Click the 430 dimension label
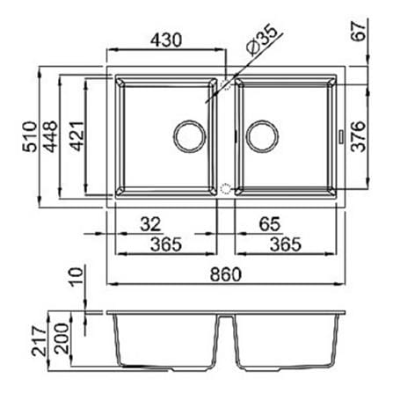pyautogui.click(x=166, y=40)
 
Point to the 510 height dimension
pyautogui.click(x=31, y=136)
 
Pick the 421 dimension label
pyautogui.click(x=77, y=136)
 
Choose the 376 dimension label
pyautogui.click(x=359, y=136)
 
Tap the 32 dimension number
pyautogui.click(x=150, y=224)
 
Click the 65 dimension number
pyautogui.click(x=270, y=224)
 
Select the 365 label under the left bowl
pyautogui.click(x=166, y=244)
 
